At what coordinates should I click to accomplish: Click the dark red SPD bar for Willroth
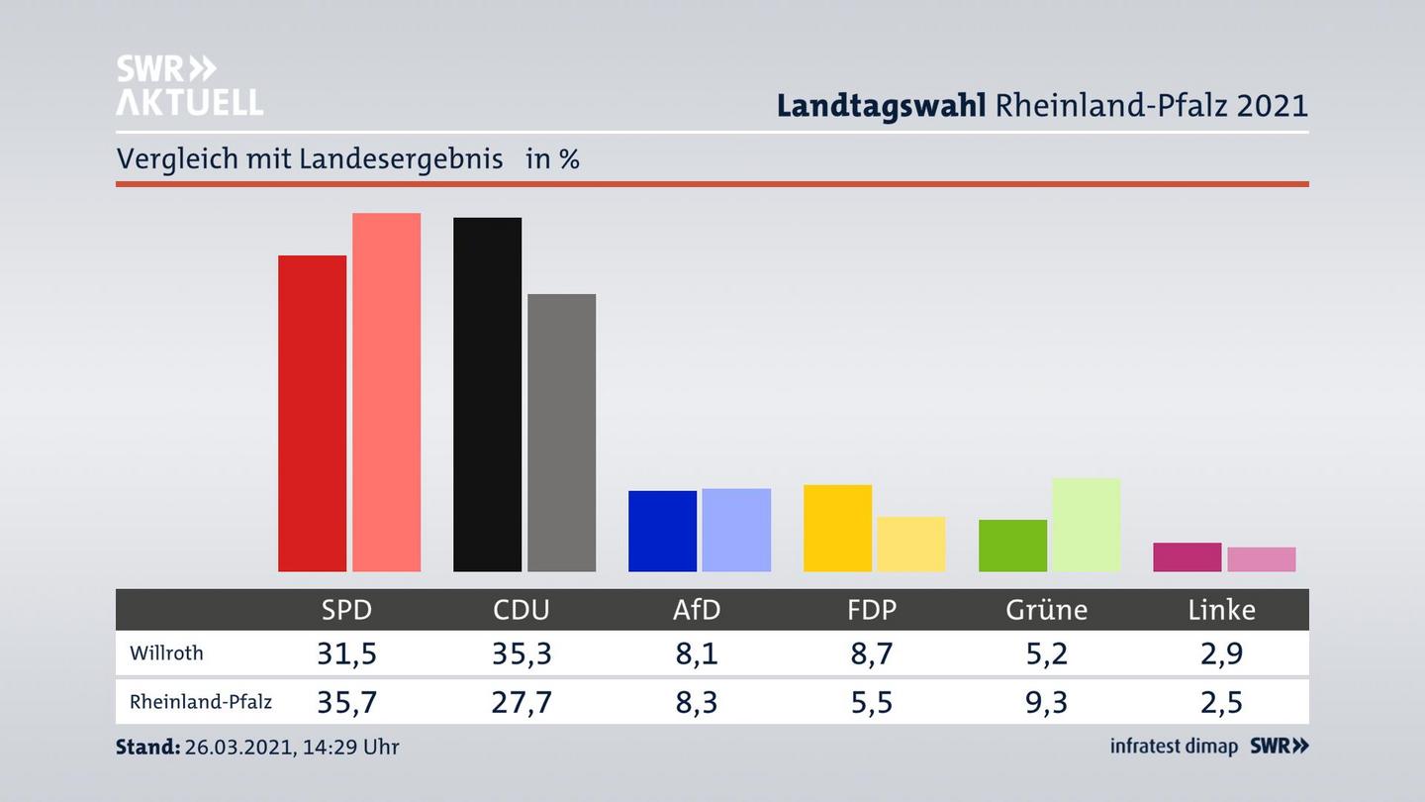(312, 413)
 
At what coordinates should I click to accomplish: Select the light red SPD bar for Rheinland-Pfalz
(386, 392)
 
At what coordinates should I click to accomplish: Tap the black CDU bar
(487, 394)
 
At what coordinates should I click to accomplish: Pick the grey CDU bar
(561, 433)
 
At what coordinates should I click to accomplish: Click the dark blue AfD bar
(662, 531)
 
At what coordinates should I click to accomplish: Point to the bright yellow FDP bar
(837, 528)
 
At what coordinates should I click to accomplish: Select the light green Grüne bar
(1086, 525)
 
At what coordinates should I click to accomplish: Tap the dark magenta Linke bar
(1187, 556)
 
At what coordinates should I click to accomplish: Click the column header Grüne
(1046, 610)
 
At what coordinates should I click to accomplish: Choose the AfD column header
(697, 610)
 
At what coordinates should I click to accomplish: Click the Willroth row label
(166, 653)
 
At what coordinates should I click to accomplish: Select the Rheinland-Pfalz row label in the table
(201, 702)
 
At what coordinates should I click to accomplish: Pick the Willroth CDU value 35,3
(522, 653)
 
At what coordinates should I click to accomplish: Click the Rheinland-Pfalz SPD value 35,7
(346, 702)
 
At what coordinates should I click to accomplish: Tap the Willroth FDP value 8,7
(872, 653)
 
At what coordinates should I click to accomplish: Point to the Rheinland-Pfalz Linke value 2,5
(1221, 702)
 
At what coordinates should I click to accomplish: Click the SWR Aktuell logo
(189, 85)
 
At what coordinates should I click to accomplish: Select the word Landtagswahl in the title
(881, 105)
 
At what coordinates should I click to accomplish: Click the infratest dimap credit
(1174, 747)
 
